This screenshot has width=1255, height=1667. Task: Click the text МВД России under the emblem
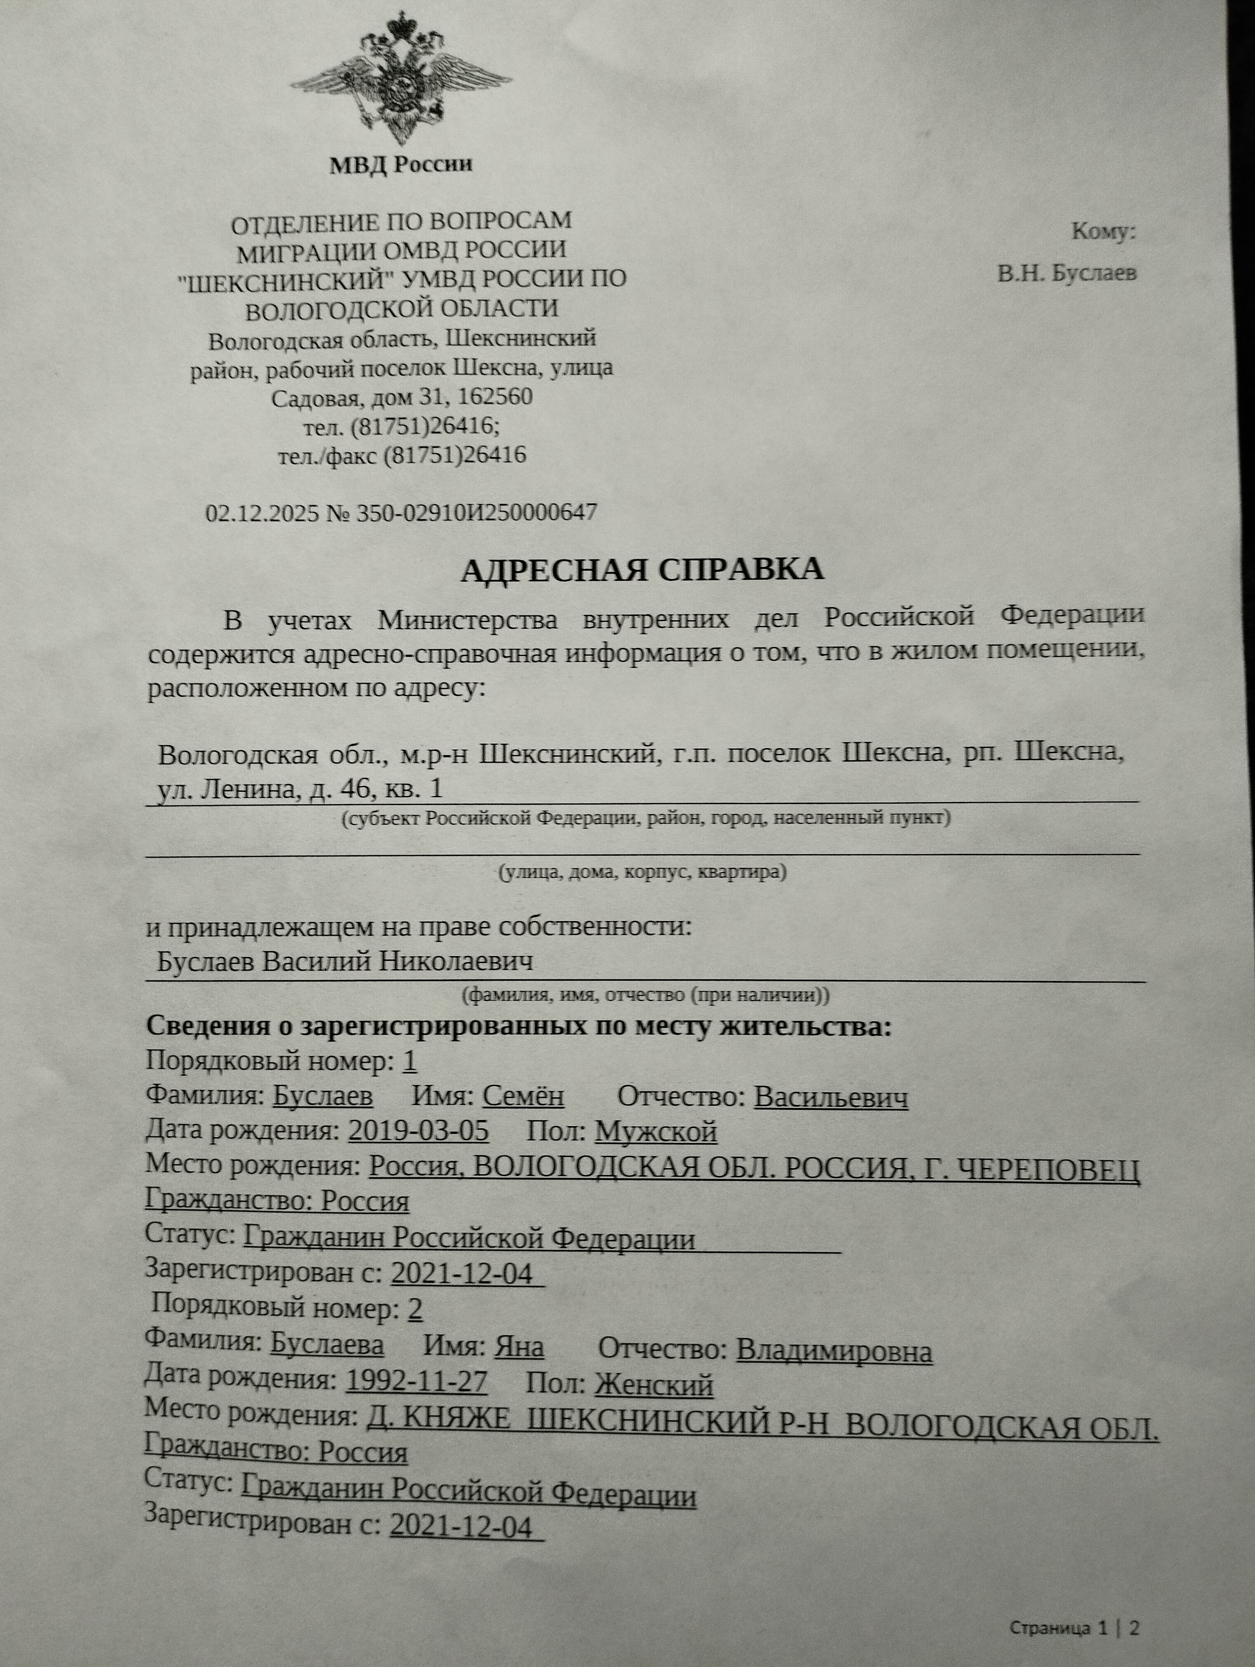pyautogui.click(x=401, y=164)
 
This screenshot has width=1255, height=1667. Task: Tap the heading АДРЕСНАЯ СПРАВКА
pyautogui.click(x=642, y=570)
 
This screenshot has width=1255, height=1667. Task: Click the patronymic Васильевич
pyautogui.click(x=831, y=1097)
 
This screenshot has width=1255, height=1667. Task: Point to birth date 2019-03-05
pyautogui.click(x=418, y=1131)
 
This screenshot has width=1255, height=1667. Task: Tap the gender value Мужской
pyautogui.click(x=655, y=1132)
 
